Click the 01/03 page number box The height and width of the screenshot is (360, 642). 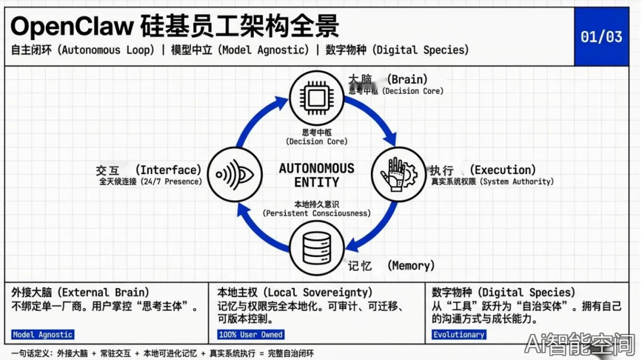tap(601, 36)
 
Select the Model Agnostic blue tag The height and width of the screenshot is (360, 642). tap(43, 334)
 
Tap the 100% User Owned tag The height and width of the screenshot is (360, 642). tap(251, 334)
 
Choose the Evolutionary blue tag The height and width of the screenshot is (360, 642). tap(458, 334)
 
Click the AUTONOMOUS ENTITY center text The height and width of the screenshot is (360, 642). tap(316, 175)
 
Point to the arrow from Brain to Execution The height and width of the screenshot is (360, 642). tap(375, 116)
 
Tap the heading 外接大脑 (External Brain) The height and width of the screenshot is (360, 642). tap(80, 292)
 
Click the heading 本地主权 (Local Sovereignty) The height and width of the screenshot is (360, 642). tap(295, 292)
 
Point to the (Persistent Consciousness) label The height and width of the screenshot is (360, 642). tap(316, 213)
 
